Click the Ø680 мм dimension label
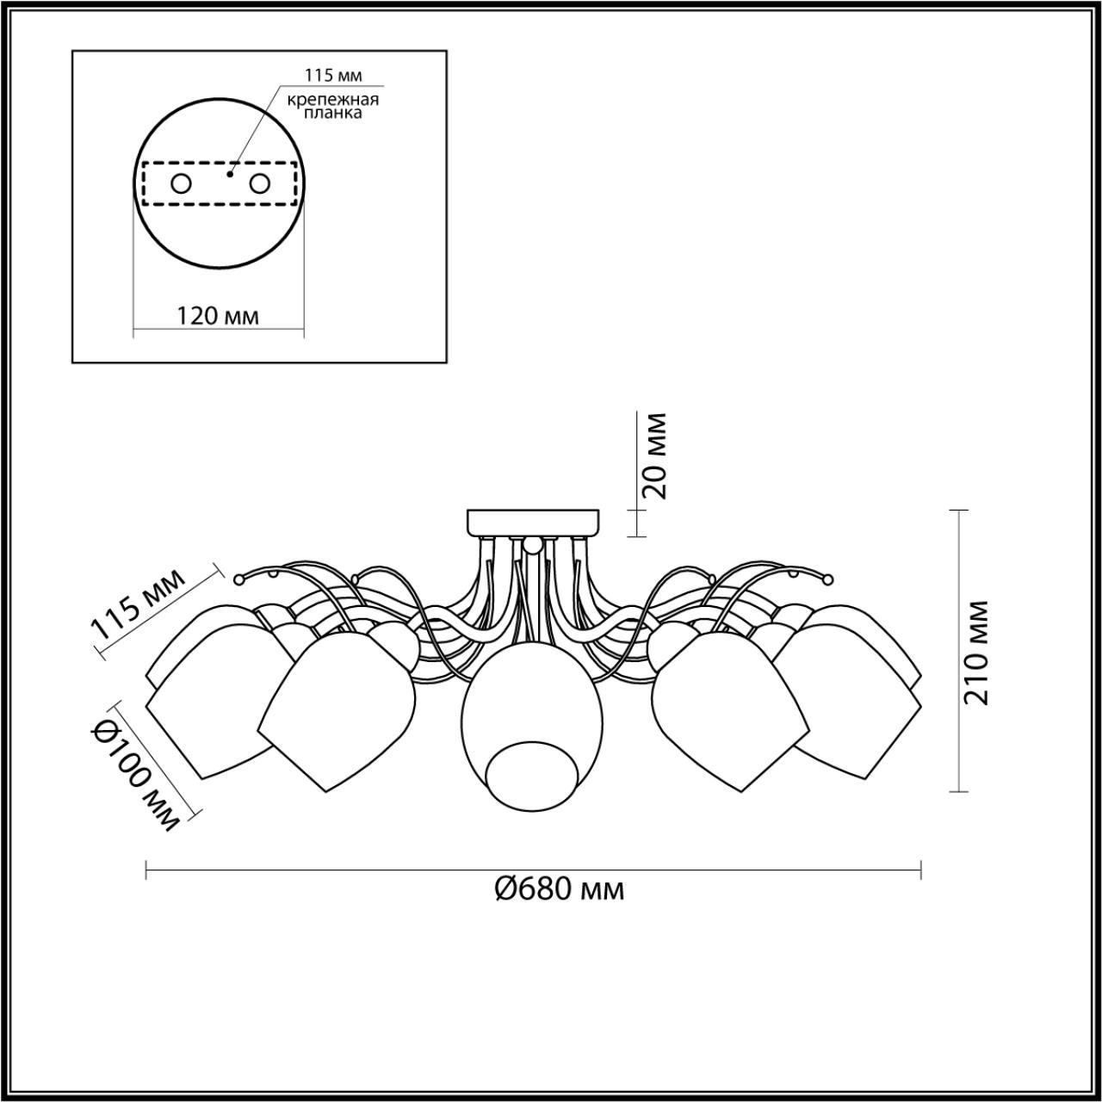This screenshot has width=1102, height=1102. click(x=560, y=888)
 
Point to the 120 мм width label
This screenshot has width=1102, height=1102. click(x=218, y=315)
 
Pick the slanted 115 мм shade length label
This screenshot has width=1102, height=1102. click(x=138, y=604)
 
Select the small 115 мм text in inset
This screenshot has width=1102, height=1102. click(x=332, y=75)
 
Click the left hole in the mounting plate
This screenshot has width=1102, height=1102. click(x=181, y=183)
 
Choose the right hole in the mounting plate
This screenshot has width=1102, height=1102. click(x=259, y=183)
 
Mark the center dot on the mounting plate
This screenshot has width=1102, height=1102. click(x=228, y=174)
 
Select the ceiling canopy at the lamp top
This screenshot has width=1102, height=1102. click(x=533, y=522)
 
